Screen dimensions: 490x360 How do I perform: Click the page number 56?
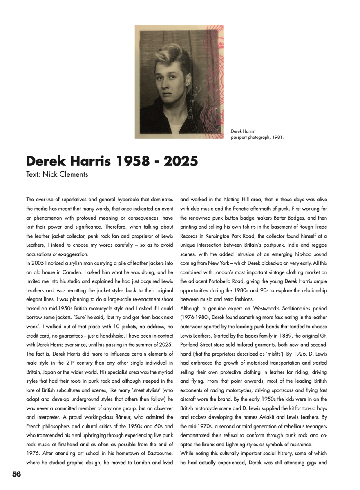(x=16, y=474)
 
